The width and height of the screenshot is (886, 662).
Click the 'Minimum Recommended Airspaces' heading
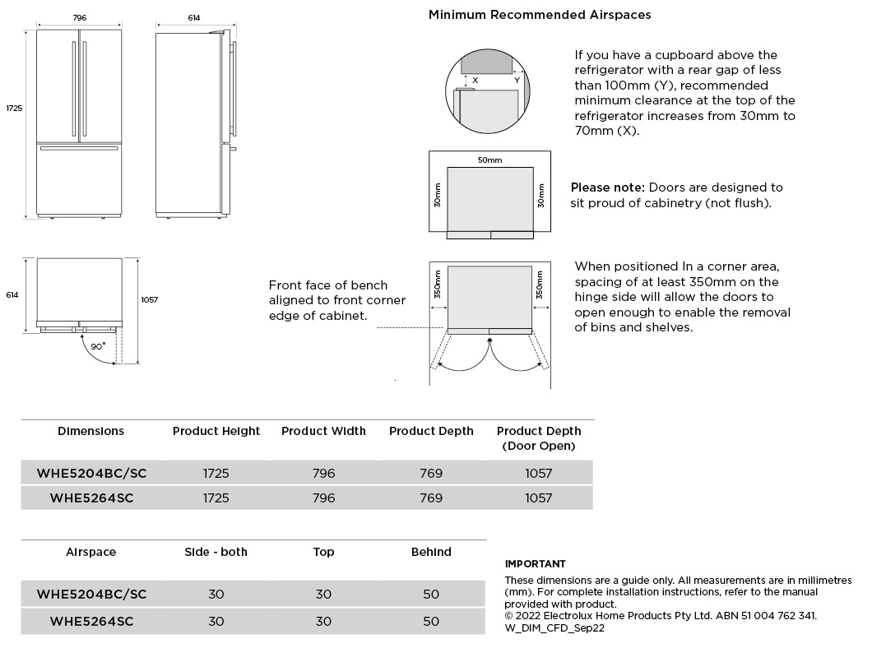pyautogui.click(x=540, y=15)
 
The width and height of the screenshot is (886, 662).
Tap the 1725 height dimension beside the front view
pyautogui.click(x=14, y=109)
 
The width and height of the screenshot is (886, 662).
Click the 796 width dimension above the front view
pyautogui.click(x=79, y=17)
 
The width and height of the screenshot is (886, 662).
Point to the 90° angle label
pyautogui.click(x=98, y=346)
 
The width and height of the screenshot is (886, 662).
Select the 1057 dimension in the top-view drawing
pyautogui.click(x=149, y=300)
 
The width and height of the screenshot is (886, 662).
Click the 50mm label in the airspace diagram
pyautogui.click(x=489, y=160)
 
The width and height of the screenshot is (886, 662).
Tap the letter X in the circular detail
pyautogui.click(x=475, y=81)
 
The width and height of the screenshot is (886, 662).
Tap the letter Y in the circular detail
pyautogui.click(x=517, y=81)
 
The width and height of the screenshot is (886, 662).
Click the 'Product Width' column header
pyautogui.click(x=323, y=431)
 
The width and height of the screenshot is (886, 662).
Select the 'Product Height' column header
pyautogui.click(x=216, y=431)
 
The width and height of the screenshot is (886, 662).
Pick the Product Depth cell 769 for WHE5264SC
pyautogui.click(x=431, y=498)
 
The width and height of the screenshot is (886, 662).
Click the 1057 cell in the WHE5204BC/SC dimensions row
pyautogui.click(x=539, y=473)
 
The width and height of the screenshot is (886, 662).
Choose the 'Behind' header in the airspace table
pyautogui.click(x=431, y=552)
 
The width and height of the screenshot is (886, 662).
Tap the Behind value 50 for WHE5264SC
pyautogui.click(x=431, y=621)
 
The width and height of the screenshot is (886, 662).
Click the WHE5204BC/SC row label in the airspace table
pyautogui.click(x=91, y=594)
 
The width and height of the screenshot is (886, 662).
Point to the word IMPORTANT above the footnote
pyautogui.click(x=535, y=564)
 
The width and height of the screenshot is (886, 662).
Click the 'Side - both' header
pyautogui.click(x=216, y=552)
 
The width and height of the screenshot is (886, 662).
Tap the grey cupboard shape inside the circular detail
pyautogui.click(x=487, y=61)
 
